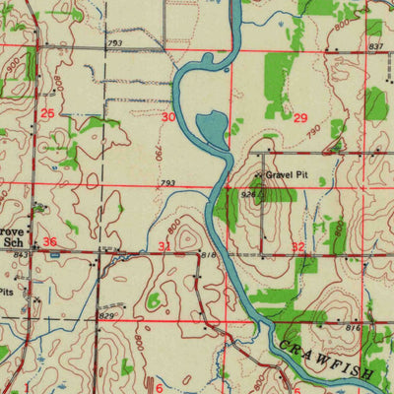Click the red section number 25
pyautogui.click(x=48, y=114)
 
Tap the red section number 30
pyautogui.click(x=168, y=116)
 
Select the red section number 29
pyautogui.click(x=300, y=117)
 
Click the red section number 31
pyautogui.click(x=165, y=245)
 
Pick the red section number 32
pyautogui.click(x=298, y=247)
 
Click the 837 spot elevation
pyautogui.click(x=375, y=46)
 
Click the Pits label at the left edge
pyautogui.click(x=6, y=293)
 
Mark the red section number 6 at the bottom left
pyautogui.click(x=159, y=387)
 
